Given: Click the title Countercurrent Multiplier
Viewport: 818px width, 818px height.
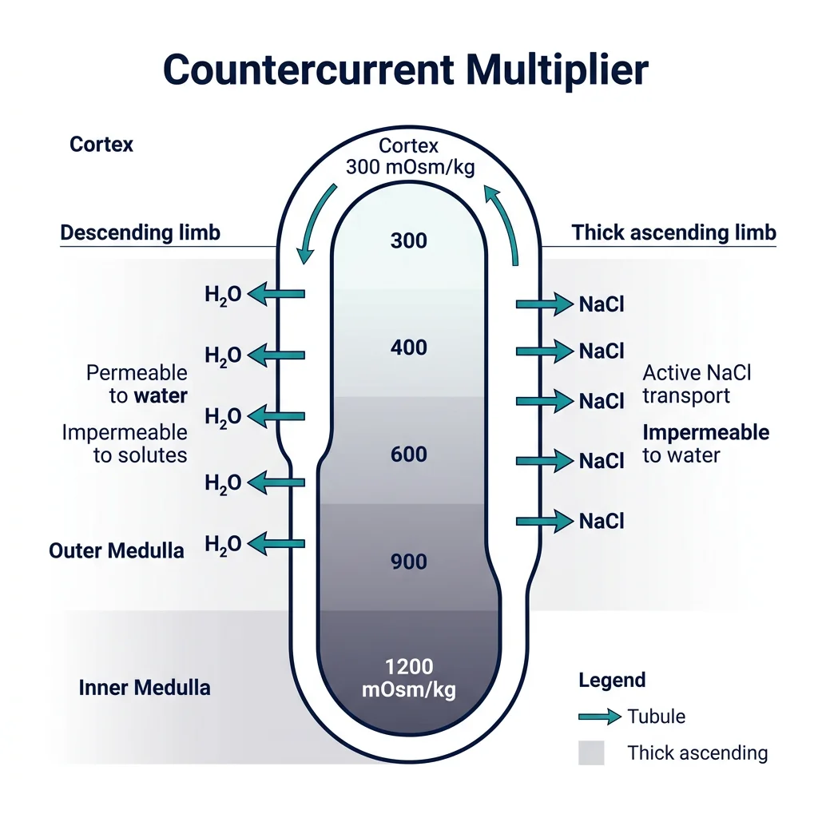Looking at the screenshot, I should click(x=405, y=70).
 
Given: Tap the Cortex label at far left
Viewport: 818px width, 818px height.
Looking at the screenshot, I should click(x=101, y=145).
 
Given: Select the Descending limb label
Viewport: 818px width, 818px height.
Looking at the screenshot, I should click(x=141, y=233).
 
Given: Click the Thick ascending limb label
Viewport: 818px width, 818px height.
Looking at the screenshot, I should click(x=673, y=233).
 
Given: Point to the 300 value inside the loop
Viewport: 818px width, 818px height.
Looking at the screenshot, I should click(x=408, y=240).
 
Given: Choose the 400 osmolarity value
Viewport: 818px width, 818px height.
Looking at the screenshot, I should click(x=408, y=347).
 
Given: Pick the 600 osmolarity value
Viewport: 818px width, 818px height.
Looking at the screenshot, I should click(x=408, y=455).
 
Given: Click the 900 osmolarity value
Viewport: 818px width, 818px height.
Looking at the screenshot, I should click(x=408, y=562).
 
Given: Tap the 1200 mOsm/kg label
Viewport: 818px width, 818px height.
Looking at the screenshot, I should click(x=408, y=678).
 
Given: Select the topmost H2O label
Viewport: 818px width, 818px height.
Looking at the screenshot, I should click(x=223, y=295).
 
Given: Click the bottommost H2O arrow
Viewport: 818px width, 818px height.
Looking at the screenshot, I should click(x=276, y=544).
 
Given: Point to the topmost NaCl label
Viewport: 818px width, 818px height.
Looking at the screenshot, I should click(x=602, y=304).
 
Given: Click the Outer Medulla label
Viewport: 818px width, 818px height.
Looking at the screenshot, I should click(x=117, y=550).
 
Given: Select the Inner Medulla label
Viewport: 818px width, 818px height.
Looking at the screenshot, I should click(x=145, y=688).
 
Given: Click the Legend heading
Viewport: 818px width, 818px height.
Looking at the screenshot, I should click(x=611, y=681).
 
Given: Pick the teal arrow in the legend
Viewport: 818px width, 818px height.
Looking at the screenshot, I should click(x=599, y=717).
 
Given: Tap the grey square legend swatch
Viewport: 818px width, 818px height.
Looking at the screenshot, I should click(x=591, y=752).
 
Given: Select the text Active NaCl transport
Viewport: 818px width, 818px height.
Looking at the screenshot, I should click(x=697, y=384).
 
